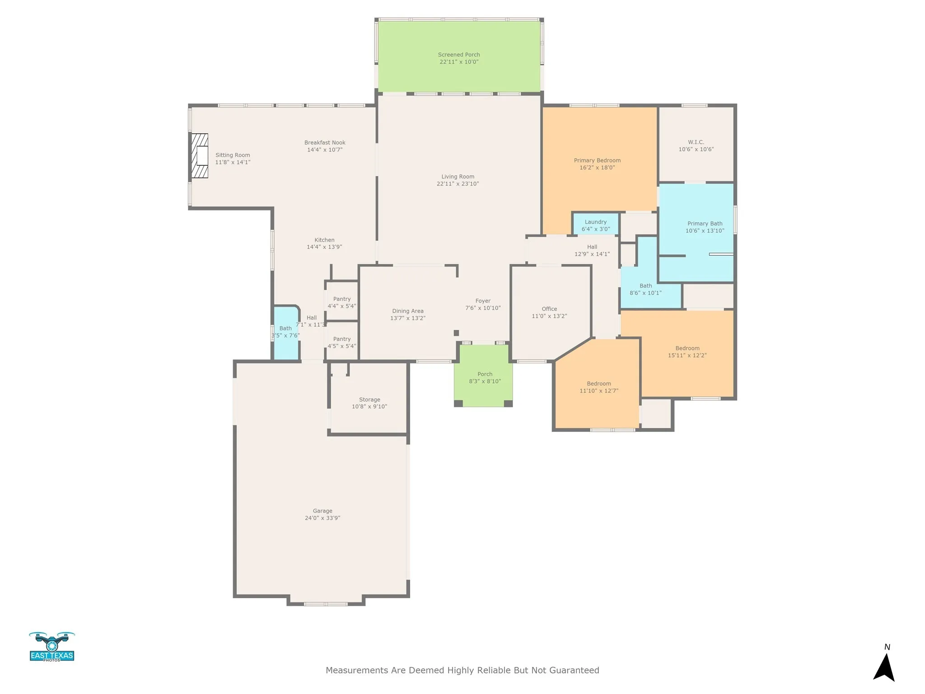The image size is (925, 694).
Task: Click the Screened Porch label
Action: point(459,55)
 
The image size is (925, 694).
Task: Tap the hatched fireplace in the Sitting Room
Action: point(200,156)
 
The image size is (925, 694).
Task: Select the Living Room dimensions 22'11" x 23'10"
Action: point(458,184)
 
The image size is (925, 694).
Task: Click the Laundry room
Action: point(595,225)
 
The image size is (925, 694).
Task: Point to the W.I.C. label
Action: point(696,142)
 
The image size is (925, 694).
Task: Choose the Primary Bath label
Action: point(705,224)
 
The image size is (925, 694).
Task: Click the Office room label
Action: point(549,309)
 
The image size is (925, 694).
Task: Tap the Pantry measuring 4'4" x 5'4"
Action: point(342,302)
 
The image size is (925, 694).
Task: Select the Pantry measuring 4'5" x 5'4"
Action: point(342,342)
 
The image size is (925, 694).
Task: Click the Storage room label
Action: point(369,400)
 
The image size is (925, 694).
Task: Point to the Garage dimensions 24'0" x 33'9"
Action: point(322,518)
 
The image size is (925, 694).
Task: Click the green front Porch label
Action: point(485,374)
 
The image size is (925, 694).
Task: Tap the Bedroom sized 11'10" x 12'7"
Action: point(599,387)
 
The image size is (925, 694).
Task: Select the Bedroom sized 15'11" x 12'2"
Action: point(687,352)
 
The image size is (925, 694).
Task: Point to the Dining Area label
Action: point(408,311)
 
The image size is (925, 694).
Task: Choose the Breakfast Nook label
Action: point(325,143)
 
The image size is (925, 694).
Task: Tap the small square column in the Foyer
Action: point(456,333)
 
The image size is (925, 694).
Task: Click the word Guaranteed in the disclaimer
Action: point(574,671)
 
